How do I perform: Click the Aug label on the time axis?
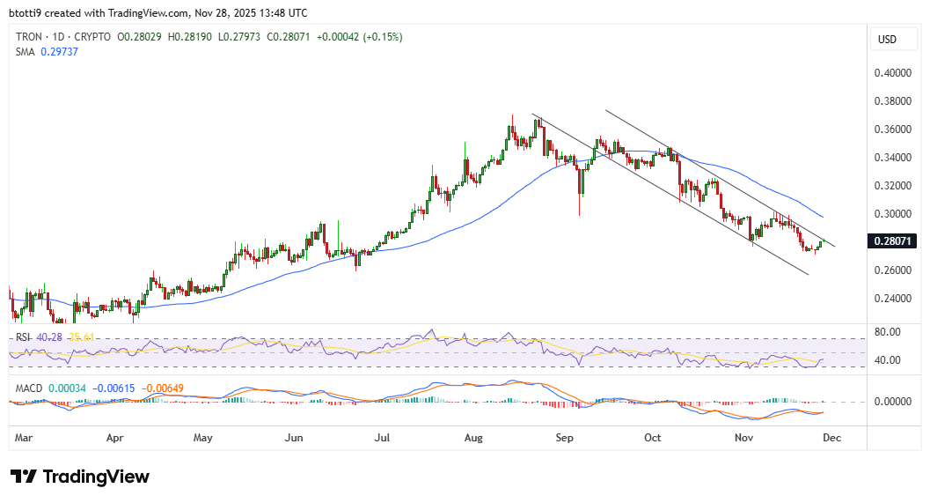coord(474,437)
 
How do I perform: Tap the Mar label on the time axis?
coord(24,437)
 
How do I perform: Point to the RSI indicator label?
coord(22,337)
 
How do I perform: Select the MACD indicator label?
coord(28,388)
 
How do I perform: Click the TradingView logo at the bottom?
coord(80,477)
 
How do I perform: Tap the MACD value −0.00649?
coord(159,388)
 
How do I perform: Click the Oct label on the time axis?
coord(653,437)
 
